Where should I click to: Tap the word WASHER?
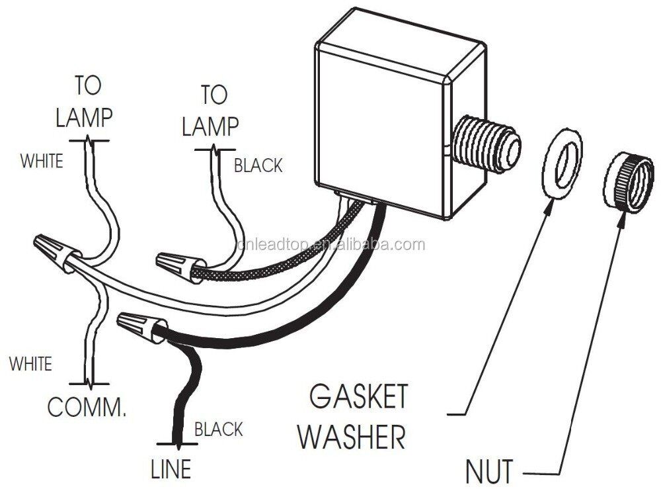(x=350, y=437)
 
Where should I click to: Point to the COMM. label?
(x=86, y=406)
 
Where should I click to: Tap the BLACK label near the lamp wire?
(x=258, y=165)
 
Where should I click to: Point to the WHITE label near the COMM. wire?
(x=30, y=363)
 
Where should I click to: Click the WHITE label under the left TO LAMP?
(x=42, y=160)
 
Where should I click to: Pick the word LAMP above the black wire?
(x=211, y=126)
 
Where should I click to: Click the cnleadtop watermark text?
(x=330, y=245)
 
